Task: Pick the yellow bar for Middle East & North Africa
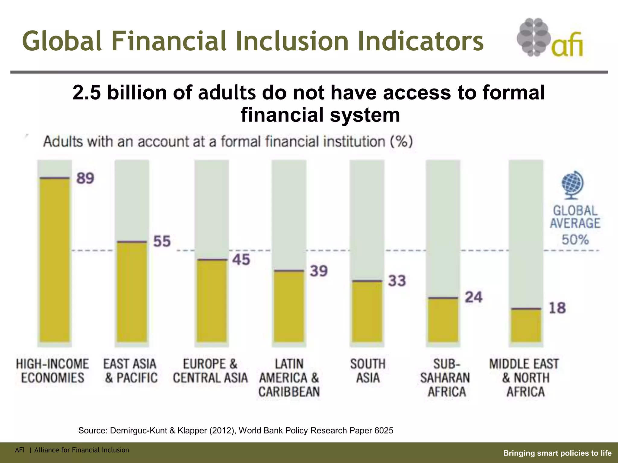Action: [526, 326]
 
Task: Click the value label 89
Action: [85, 178]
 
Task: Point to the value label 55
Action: [162, 241]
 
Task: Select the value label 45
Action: [241, 260]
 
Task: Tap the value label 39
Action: [319, 271]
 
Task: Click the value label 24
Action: [474, 297]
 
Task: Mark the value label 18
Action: [557, 308]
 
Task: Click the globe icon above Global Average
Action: [572, 185]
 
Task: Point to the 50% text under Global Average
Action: [575, 240]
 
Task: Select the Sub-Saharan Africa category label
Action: [445, 378]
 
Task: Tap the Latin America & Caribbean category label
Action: [289, 378]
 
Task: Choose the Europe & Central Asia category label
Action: [210, 371]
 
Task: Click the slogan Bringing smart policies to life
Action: [557, 453]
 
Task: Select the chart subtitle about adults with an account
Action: [228, 142]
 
